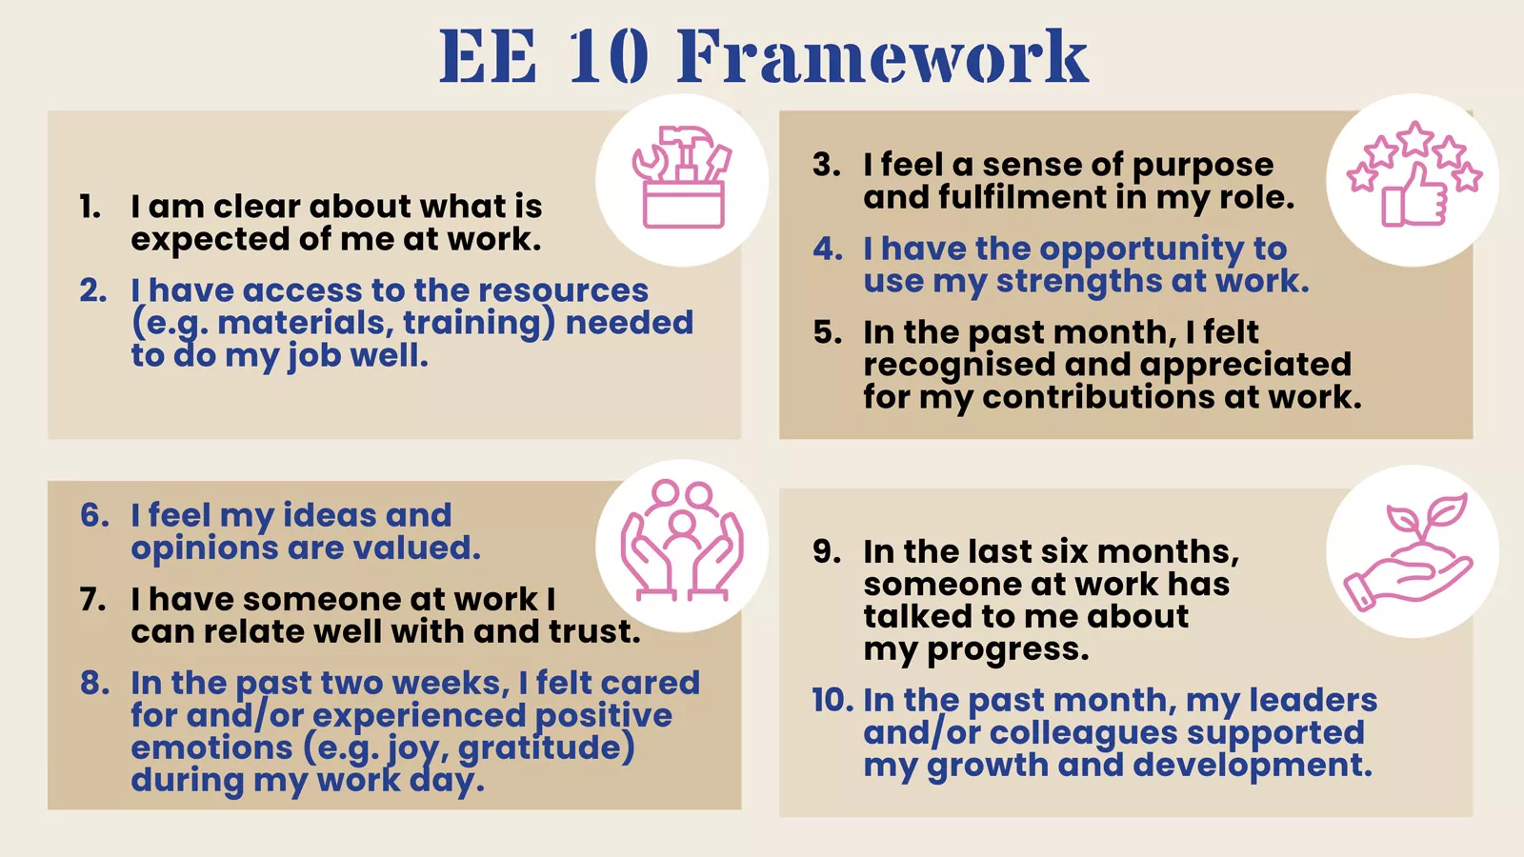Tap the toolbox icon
pos(681,178)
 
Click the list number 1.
pos(90,207)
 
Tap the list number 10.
pos(832,700)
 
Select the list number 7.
pos(92,599)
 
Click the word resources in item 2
pos(563,290)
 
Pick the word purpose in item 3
pos(1203,166)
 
